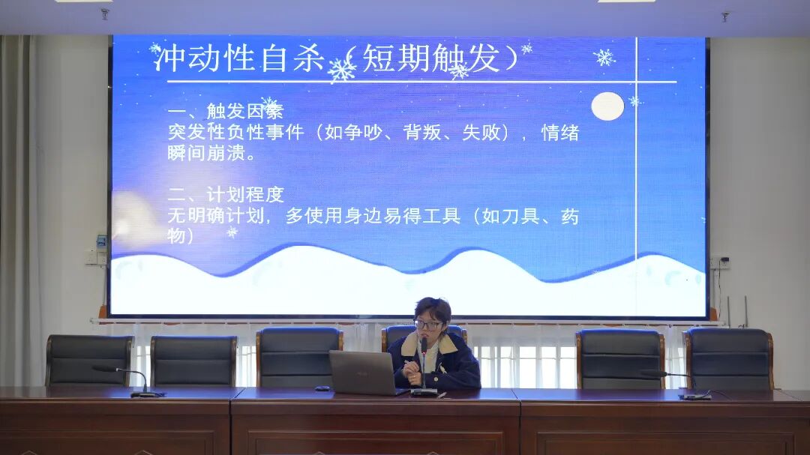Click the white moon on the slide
click(x=607, y=106)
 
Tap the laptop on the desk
click(x=363, y=373)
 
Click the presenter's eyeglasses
click(x=428, y=325)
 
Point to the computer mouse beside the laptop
click(x=322, y=388)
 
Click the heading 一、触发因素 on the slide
click(x=225, y=112)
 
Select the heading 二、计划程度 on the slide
click(x=225, y=195)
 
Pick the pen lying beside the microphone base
click(x=443, y=393)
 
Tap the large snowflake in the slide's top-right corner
click(x=604, y=57)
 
